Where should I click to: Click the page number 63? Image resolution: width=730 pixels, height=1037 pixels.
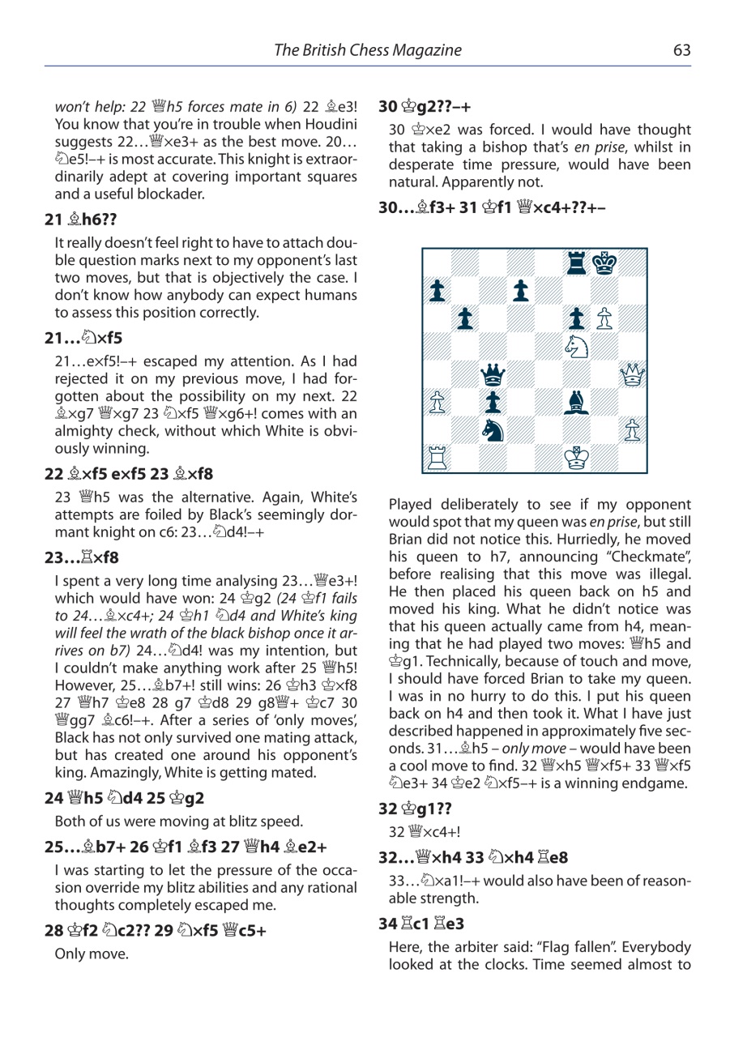pyautogui.click(x=681, y=50)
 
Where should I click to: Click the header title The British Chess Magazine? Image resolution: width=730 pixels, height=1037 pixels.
pyautogui.click(x=368, y=50)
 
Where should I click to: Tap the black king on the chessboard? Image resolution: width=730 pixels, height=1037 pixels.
pyautogui.click(x=604, y=262)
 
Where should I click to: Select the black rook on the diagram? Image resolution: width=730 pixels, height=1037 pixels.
pyautogui.click(x=576, y=262)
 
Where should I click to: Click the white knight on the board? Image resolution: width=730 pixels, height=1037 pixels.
pyautogui.click(x=576, y=347)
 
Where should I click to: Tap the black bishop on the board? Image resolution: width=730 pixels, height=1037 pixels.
pyautogui.click(x=576, y=403)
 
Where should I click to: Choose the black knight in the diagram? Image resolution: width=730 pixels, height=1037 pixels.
pyautogui.click(x=492, y=431)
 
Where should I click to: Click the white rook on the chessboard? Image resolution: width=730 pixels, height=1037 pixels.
pyautogui.click(x=436, y=459)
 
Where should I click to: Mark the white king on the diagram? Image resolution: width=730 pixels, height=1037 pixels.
pyautogui.click(x=576, y=459)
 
